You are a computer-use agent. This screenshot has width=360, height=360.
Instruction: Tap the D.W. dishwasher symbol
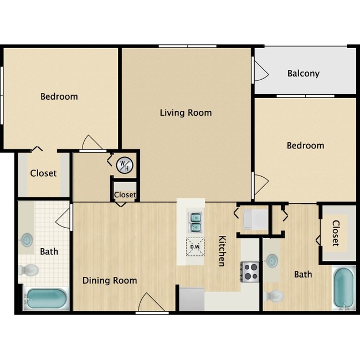[194, 247]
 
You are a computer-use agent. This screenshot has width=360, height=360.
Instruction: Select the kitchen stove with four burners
[250, 271]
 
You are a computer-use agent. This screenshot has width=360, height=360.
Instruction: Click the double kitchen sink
[195, 221]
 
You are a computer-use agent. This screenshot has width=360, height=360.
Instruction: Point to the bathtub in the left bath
[47, 300]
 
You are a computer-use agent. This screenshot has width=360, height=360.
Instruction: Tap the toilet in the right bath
[274, 296]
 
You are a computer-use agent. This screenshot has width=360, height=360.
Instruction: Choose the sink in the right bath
[271, 260]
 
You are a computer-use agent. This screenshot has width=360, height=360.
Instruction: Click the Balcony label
[303, 73]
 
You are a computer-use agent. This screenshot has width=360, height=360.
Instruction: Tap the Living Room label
[186, 112]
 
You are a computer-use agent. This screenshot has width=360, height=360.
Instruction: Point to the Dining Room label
[110, 280]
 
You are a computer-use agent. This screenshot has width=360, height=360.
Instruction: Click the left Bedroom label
[59, 96]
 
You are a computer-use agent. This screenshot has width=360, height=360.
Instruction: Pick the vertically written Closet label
[336, 233]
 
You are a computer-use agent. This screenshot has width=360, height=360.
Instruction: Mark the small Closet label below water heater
[125, 194]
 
